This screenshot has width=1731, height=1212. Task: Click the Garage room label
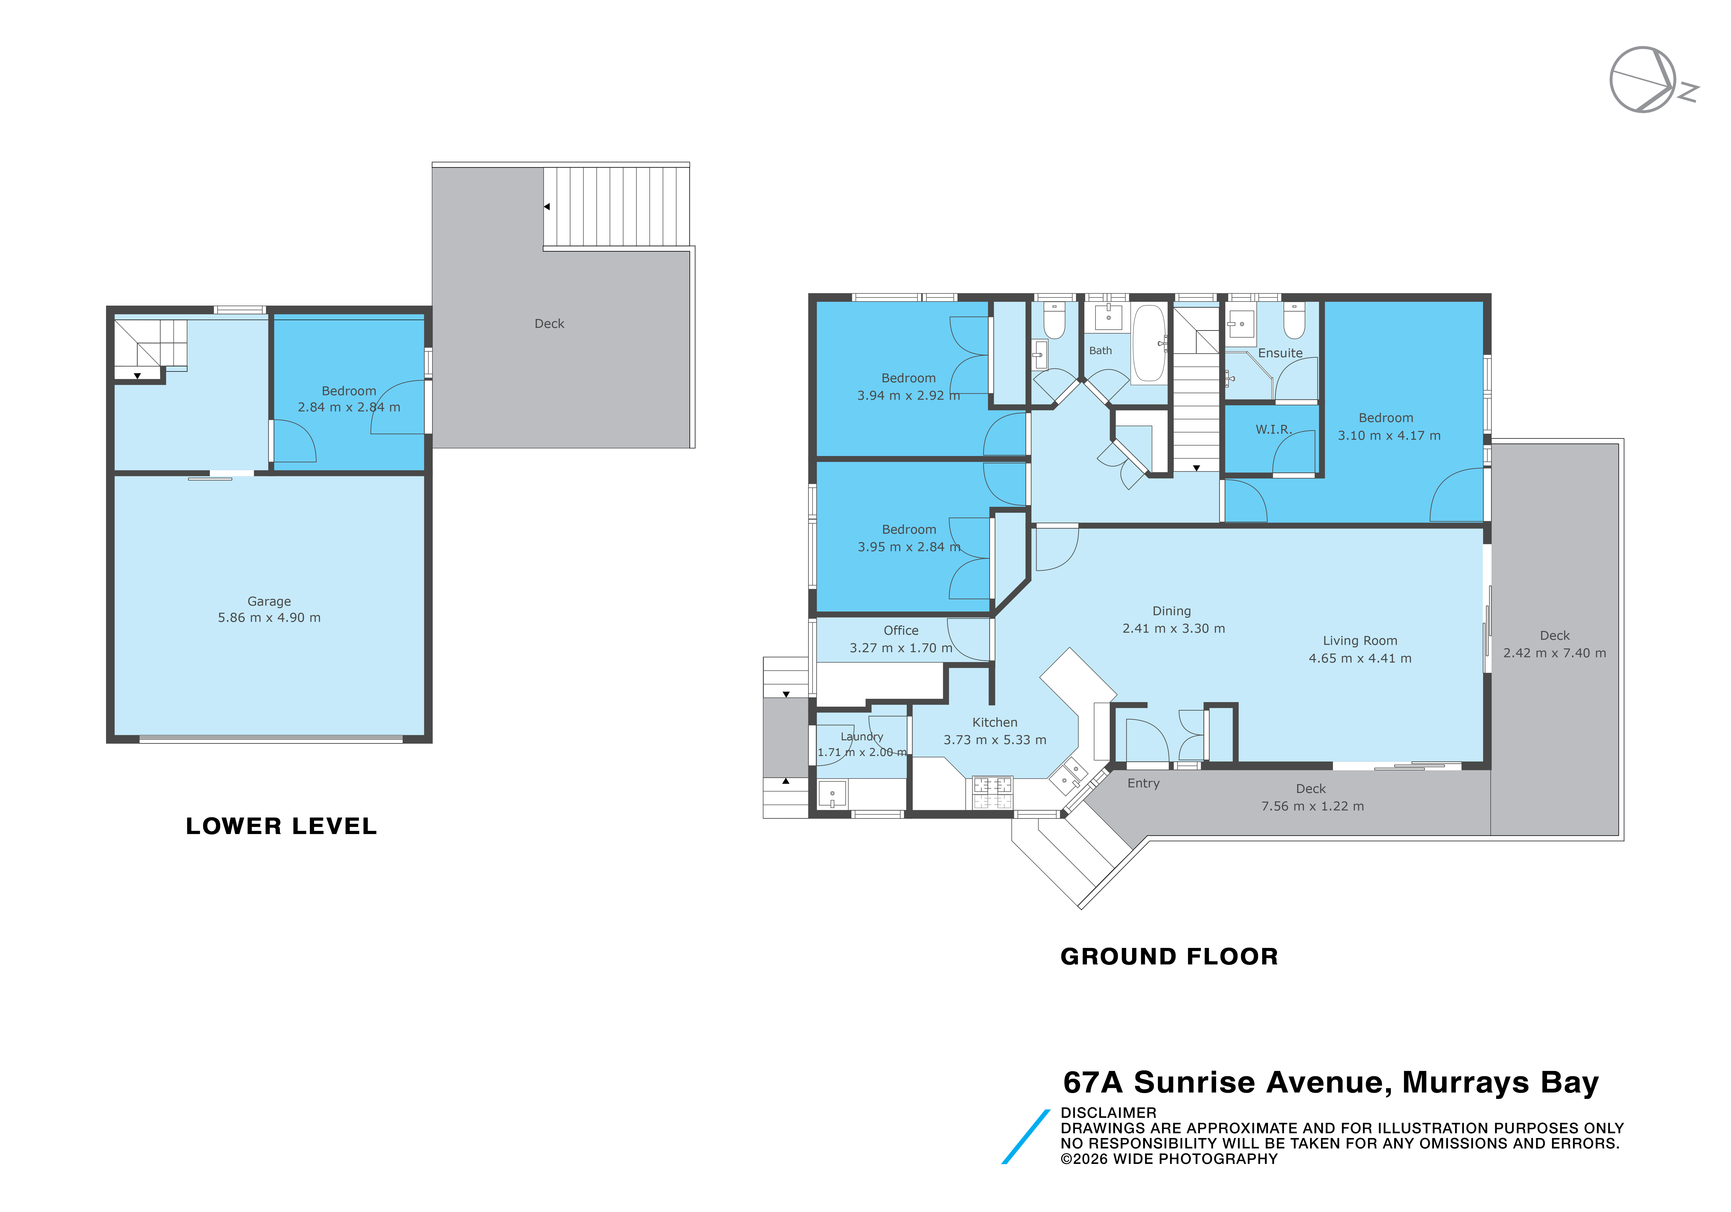[269, 601]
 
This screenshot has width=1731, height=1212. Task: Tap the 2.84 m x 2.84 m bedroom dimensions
[349, 407]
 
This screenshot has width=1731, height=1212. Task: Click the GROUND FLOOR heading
[1169, 956]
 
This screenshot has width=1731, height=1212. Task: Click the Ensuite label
[1280, 353]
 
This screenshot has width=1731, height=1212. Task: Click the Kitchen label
[994, 723]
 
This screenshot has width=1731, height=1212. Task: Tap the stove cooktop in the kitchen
[992, 793]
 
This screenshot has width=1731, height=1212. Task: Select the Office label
[901, 630]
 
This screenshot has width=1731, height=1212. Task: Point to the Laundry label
[862, 737]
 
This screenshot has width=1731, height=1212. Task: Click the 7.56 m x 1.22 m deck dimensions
[1313, 806]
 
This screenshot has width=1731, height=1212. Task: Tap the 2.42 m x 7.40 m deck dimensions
[1555, 653]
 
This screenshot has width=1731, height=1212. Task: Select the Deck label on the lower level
[549, 324]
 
